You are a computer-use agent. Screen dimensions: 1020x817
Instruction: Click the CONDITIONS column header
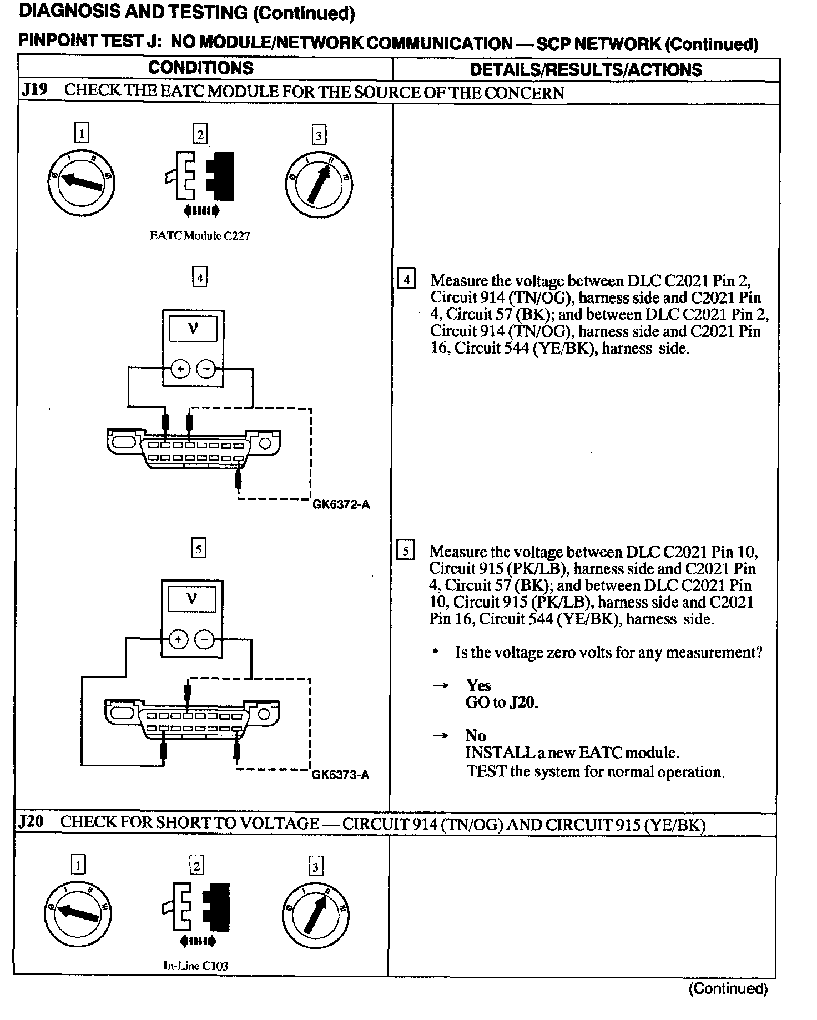coord(200,68)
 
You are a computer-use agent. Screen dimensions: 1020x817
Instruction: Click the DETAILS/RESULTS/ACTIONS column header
coord(586,70)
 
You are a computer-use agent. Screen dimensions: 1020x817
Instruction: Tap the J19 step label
coord(34,90)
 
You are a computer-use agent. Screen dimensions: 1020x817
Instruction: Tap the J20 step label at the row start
coord(31,821)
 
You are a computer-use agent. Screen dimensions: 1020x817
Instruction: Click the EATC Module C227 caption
coord(200,235)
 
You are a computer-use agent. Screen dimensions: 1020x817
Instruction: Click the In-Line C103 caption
coord(195,966)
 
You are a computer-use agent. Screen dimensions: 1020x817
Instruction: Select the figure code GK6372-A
coord(341,504)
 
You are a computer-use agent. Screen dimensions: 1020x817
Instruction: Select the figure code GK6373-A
coord(340,775)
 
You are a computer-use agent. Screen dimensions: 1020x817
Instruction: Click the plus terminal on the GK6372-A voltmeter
coord(180,368)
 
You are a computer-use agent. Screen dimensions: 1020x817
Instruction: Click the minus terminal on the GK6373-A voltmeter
coord(205,639)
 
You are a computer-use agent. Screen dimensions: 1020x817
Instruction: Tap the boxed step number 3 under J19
coord(318,135)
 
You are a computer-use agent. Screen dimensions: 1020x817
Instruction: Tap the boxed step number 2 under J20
coord(196,866)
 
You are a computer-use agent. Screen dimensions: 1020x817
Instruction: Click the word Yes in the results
coord(478,685)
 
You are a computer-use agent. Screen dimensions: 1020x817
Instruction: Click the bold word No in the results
coord(476,736)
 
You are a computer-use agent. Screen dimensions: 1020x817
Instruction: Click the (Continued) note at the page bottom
coord(728,988)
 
